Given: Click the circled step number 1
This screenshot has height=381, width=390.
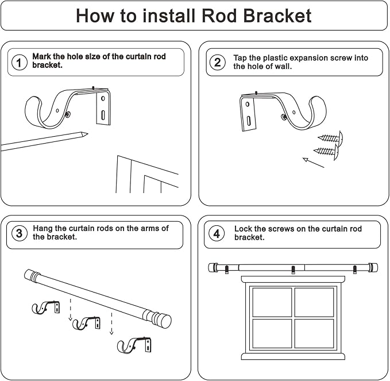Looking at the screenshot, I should pos(20,63).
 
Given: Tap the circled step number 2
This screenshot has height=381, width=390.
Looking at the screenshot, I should pos(218,63).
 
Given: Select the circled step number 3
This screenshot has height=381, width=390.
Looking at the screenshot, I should pos(20,233).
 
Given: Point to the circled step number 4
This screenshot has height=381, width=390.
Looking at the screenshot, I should pos(217,233).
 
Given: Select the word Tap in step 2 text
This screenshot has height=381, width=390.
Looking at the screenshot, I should pos(241,58).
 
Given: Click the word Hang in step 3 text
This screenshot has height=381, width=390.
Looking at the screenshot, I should pos(44,228).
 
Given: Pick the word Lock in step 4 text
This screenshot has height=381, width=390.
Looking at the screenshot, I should pos(244,229).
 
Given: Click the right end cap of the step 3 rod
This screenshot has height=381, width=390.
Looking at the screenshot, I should pos(164,320).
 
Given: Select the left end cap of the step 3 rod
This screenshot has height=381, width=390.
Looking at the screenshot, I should pos(30,275).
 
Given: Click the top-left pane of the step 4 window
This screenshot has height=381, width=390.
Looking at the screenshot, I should pos(272,302).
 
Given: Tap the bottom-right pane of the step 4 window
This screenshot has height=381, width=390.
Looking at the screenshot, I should pos(314,333).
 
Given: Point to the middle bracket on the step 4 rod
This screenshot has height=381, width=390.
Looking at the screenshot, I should pos(293,269).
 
